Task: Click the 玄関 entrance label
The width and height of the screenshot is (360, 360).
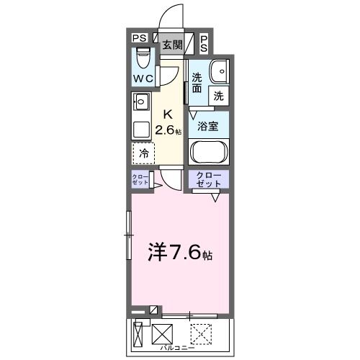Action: pyautogui.click(x=172, y=44)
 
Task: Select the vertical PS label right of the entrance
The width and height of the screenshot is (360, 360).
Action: pyautogui.click(x=204, y=43)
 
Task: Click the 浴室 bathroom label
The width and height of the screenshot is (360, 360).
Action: pyautogui.click(x=208, y=125)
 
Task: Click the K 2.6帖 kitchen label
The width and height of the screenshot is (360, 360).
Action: pyautogui.click(x=171, y=122)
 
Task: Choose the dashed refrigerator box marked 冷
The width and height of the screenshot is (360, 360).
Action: pyautogui.click(x=143, y=153)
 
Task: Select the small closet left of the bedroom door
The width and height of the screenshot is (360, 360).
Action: pyautogui.click(x=140, y=180)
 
